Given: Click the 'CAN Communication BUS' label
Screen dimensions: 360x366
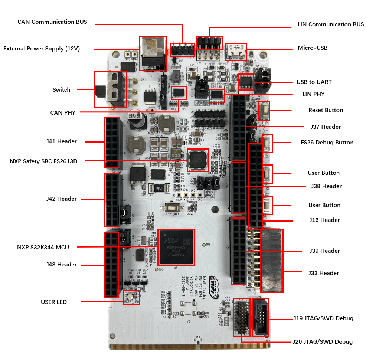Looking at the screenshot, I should pyautogui.click(x=52, y=22).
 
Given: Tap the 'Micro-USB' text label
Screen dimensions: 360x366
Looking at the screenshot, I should pyautogui.click(x=313, y=48).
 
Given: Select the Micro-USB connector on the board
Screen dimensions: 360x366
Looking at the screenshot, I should pyautogui.click(x=235, y=52).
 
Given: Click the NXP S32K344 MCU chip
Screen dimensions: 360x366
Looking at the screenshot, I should pyautogui.click(x=176, y=247).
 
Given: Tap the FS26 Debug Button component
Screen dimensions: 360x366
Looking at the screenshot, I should pyautogui.click(x=267, y=144).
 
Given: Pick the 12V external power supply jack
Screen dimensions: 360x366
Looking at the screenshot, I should pyautogui.click(x=152, y=53).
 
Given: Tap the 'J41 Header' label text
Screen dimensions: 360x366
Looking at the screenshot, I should pyautogui.click(x=62, y=141).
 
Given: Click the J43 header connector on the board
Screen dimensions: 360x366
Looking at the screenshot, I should pyautogui.click(x=111, y=264).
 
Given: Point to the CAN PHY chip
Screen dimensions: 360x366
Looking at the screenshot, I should pyautogui.click(x=179, y=93).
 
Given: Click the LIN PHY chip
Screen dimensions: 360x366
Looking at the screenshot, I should pyautogui.click(x=217, y=96).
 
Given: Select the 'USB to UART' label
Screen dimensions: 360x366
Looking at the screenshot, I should pyautogui.click(x=314, y=82).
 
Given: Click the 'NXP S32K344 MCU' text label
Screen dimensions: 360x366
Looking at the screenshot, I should pyautogui.click(x=43, y=247).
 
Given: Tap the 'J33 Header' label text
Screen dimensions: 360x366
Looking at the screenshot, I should pyautogui.click(x=324, y=273).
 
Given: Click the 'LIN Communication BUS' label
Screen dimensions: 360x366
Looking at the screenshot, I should pyautogui.click(x=331, y=24).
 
